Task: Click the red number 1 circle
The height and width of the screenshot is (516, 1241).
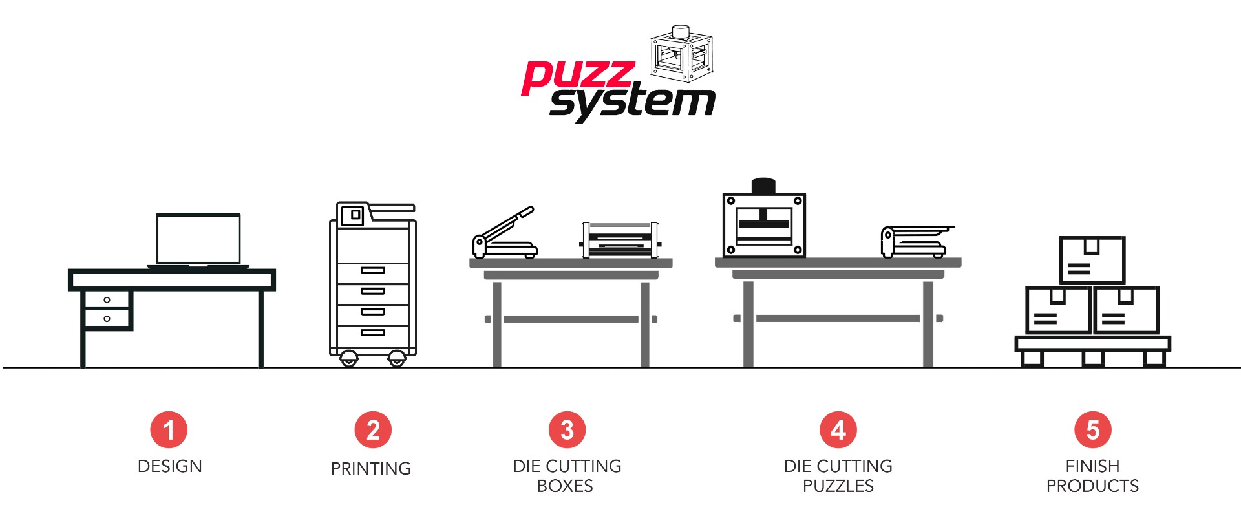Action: [169, 430]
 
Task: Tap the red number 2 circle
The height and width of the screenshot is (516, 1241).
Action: [373, 430]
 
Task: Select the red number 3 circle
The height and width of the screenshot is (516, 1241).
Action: [567, 430]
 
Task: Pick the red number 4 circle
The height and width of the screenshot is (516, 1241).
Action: [838, 430]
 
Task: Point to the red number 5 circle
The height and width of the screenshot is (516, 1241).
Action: [1093, 430]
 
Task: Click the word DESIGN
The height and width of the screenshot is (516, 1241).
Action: [170, 466]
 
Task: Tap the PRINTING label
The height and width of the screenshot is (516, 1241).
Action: [371, 469]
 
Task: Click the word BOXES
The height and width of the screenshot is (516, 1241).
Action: [565, 486]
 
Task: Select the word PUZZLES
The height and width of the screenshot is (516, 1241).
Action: [838, 486]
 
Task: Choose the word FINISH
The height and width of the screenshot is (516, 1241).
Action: [1092, 466]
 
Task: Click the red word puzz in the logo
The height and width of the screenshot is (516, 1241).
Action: [577, 77]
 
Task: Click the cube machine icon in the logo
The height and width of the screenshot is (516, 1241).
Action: [681, 54]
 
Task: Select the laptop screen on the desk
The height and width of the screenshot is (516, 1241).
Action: [198, 239]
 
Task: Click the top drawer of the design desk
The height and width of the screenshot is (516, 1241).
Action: [107, 300]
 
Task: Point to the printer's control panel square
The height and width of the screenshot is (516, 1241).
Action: [352, 215]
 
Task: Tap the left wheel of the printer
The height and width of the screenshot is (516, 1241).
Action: [349, 358]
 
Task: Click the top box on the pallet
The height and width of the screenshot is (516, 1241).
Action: [1092, 260]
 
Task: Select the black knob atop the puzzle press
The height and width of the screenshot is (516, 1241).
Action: [763, 186]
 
